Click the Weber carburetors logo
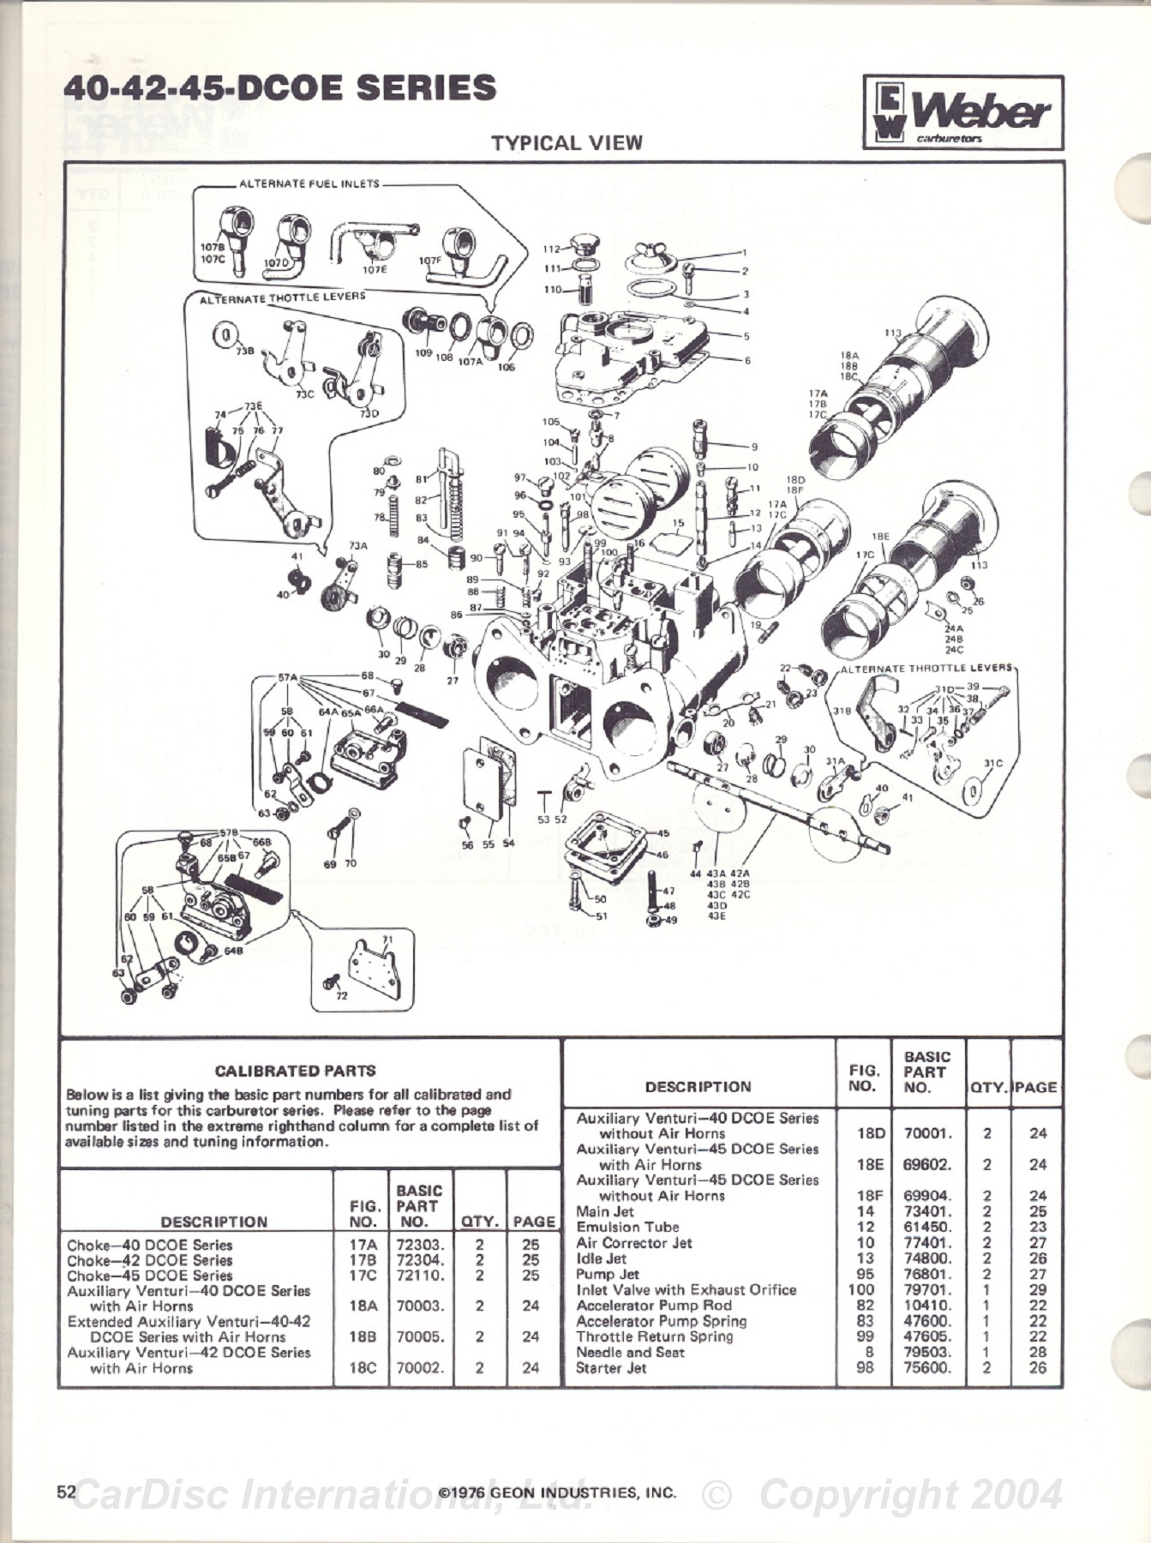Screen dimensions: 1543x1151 pos(963,113)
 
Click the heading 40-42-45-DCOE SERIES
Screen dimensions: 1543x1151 pos(280,88)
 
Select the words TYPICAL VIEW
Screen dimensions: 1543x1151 pos(567,143)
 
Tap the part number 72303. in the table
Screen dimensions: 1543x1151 pos(419,1245)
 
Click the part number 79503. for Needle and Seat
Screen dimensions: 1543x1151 pos(926,1352)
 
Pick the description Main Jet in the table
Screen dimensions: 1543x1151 pos(605,1211)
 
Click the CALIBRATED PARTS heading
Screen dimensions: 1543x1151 pos(295,1071)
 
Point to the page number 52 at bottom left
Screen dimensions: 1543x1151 pos(66,1491)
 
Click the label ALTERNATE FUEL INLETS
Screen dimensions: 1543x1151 pos(309,183)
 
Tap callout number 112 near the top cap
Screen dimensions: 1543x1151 pos(551,249)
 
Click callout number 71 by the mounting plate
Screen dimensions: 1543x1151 pos(387,940)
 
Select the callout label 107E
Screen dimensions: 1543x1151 pos(375,268)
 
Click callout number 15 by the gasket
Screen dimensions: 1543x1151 pos(678,522)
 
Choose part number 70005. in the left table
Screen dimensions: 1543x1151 pos(420,1336)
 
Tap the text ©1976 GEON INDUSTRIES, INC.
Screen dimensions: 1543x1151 pos(557,1492)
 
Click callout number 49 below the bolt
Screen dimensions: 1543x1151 pos(671,921)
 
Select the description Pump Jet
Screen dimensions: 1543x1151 pos(607,1274)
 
